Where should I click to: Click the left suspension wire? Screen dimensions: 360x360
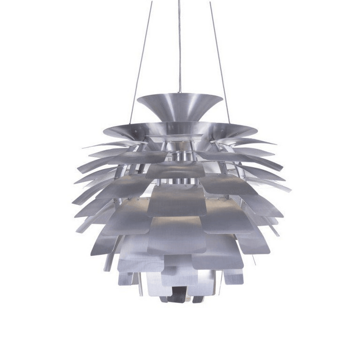point(141,63)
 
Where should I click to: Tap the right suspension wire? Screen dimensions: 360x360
point(220,63)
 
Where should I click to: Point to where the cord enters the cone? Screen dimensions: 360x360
point(180,93)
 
